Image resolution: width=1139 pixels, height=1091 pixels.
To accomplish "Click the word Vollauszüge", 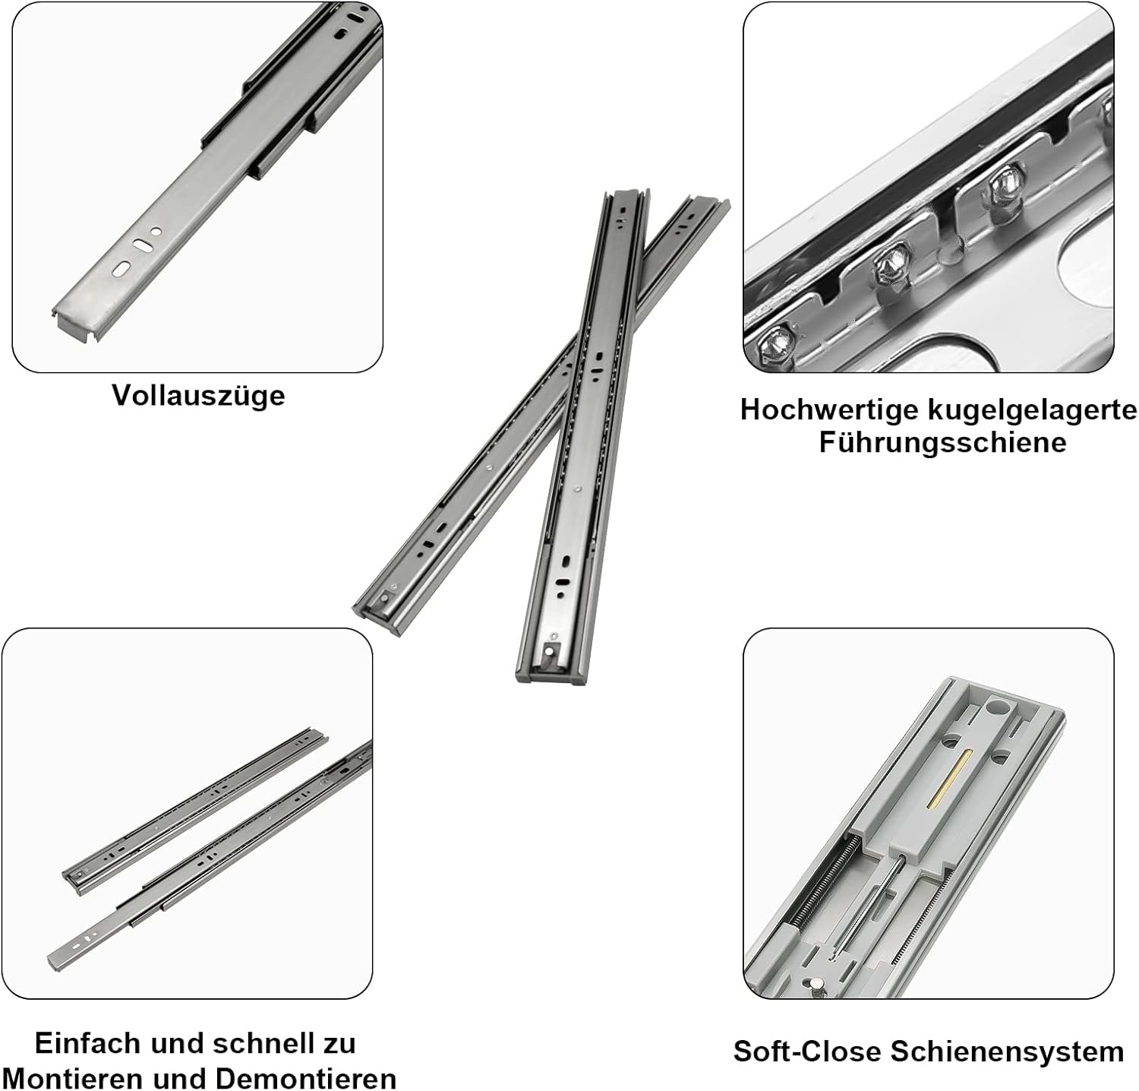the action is click(x=198, y=395).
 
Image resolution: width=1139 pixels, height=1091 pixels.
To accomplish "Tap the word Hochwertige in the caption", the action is click(x=830, y=410).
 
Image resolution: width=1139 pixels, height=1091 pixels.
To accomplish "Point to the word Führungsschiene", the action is click(x=942, y=442).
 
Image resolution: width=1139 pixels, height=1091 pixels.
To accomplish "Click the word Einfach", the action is click(x=89, y=1043).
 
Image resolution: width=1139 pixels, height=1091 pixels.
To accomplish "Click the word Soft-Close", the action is click(x=807, y=1051).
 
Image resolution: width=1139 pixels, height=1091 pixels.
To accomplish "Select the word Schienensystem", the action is click(x=1007, y=1051).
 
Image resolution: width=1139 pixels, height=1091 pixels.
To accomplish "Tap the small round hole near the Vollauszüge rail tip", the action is click(x=156, y=232).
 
